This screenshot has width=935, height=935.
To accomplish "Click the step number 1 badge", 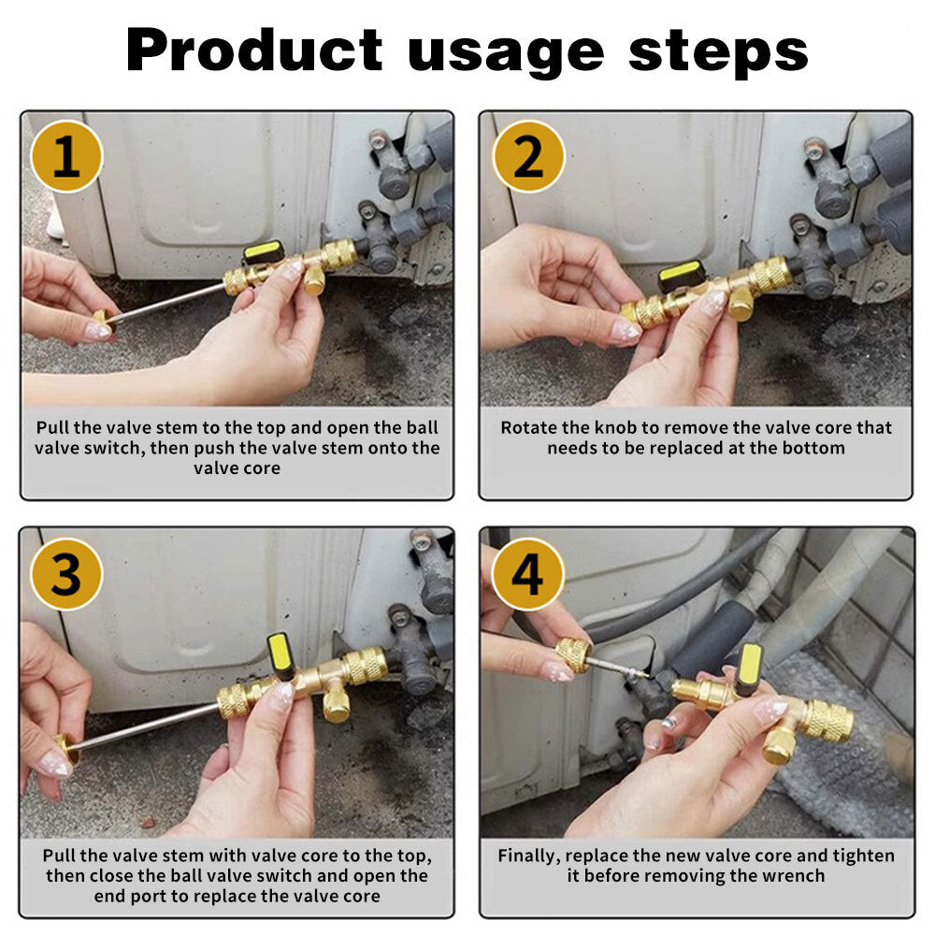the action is coord(66,156).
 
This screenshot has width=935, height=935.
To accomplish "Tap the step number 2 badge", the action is coord(527,156).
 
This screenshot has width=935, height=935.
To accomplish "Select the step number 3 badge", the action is coord(66,574).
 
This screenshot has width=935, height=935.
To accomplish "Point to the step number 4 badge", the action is coord(527,574).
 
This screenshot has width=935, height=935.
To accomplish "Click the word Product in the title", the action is coord(254,50).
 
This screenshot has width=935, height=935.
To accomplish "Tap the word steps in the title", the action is coord(718,53).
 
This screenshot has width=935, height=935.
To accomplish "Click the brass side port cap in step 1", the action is coord(313,280).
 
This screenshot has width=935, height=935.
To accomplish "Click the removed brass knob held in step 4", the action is coord(574,654).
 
